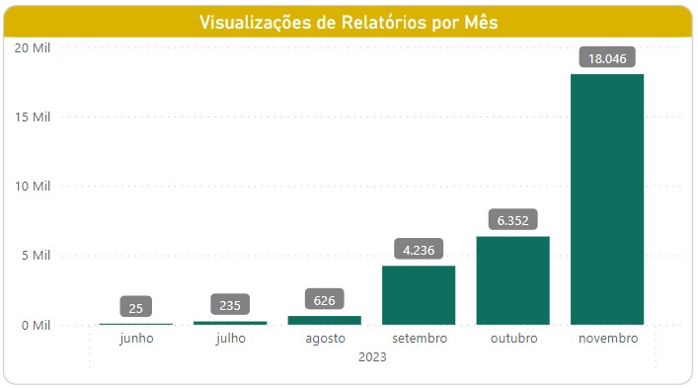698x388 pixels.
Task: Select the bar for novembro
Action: click(x=607, y=197)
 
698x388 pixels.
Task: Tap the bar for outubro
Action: click(x=512, y=280)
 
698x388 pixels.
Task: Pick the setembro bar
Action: click(x=419, y=295)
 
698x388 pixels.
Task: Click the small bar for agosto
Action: click(x=324, y=320)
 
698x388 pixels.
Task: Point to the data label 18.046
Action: click(x=607, y=58)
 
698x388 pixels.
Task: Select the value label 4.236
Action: click(x=419, y=250)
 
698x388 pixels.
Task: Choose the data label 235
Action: click(x=230, y=306)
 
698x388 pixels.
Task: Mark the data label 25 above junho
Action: click(x=136, y=308)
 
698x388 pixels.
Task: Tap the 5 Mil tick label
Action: click(x=34, y=256)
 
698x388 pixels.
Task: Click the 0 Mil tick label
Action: click(x=34, y=325)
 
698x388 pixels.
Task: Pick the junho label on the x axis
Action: click(x=136, y=339)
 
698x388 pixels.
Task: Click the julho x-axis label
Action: click(x=230, y=339)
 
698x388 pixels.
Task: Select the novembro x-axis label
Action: click(x=607, y=339)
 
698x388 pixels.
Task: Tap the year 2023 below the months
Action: click(x=371, y=357)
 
